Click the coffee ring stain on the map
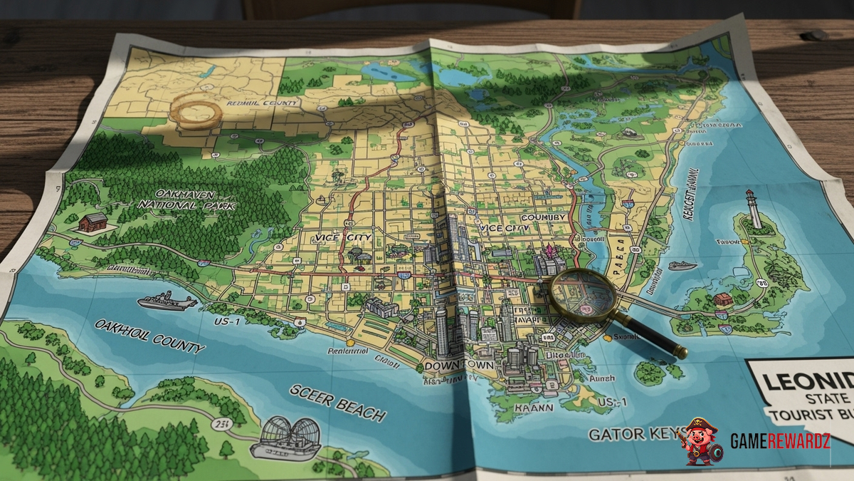coord(193,112)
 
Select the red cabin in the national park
coord(93,222)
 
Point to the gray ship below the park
coord(167,301)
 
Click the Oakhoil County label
coord(149,336)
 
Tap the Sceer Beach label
coord(337,403)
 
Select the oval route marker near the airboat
coord(223,425)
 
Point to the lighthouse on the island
coord(753,208)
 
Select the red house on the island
coord(723,299)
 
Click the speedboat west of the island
coord(682,266)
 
